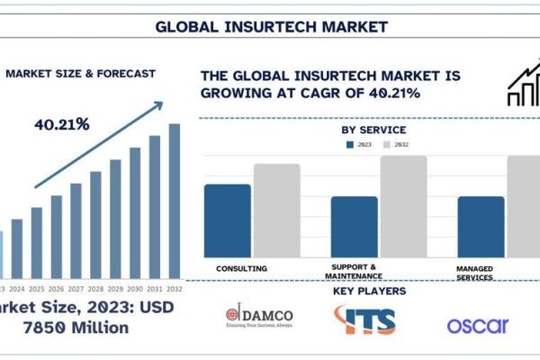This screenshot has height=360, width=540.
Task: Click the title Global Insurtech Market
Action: click(x=271, y=26)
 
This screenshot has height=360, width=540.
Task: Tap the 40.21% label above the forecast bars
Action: click(x=61, y=124)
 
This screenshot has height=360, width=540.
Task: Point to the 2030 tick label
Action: click(x=135, y=289)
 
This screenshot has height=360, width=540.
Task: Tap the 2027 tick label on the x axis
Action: click(x=76, y=289)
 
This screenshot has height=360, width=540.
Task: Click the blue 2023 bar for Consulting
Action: click(x=228, y=220)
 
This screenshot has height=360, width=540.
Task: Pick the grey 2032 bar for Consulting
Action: click(x=276, y=211)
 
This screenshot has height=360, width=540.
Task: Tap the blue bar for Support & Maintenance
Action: click(x=355, y=226)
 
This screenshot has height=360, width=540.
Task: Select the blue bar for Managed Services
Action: click(x=481, y=226)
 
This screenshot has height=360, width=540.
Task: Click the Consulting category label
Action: click(x=242, y=268)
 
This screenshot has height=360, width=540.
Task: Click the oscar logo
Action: click(x=478, y=325)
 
